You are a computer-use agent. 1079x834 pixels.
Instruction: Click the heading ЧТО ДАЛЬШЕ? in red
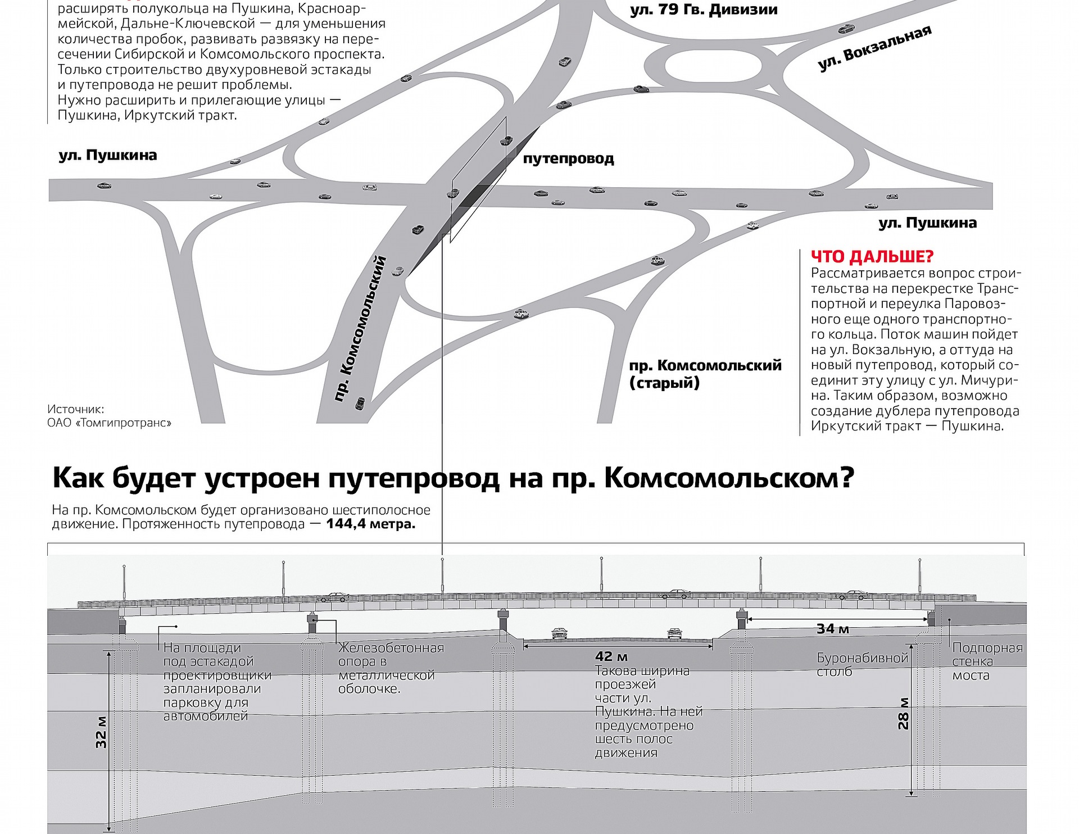[872, 257]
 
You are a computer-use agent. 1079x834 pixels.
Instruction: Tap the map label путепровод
[568, 159]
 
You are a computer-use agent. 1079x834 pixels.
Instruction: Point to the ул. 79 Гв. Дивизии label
[704, 10]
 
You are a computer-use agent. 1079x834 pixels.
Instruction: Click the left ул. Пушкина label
[108, 155]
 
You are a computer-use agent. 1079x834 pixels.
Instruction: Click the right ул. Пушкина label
[927, 223]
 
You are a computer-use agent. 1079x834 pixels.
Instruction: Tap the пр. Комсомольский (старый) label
[705, 374]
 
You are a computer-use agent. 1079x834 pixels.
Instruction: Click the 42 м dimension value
[611, 656]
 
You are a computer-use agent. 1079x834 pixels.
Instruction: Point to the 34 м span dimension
[832, 629]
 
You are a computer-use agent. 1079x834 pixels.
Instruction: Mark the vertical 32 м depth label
[101, 732]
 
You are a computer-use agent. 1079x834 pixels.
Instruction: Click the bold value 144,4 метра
[370, 524]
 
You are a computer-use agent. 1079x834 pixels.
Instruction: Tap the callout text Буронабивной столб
[862, 665]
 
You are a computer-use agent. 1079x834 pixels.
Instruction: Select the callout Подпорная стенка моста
[987, 661]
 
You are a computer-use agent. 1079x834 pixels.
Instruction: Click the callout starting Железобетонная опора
[391, 668]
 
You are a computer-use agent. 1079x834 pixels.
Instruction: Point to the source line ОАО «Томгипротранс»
[109, 423]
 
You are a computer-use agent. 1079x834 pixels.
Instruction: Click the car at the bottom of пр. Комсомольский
[360, 403]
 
